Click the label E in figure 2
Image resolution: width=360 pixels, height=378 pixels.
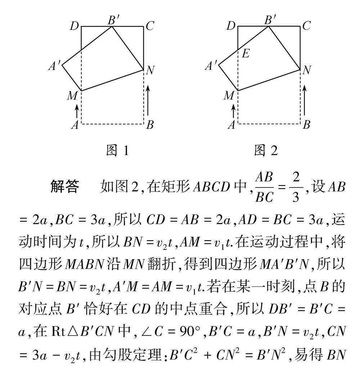point(246,54)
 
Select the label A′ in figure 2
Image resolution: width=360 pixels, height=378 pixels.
point(211,66)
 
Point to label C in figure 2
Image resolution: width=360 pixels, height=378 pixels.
point(306,26)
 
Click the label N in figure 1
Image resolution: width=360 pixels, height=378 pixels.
point(150,71)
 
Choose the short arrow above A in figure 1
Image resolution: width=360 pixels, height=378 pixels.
point(76,111)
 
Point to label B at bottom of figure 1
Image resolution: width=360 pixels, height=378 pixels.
point(150,125)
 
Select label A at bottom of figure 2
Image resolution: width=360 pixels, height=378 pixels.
point(232,125)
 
